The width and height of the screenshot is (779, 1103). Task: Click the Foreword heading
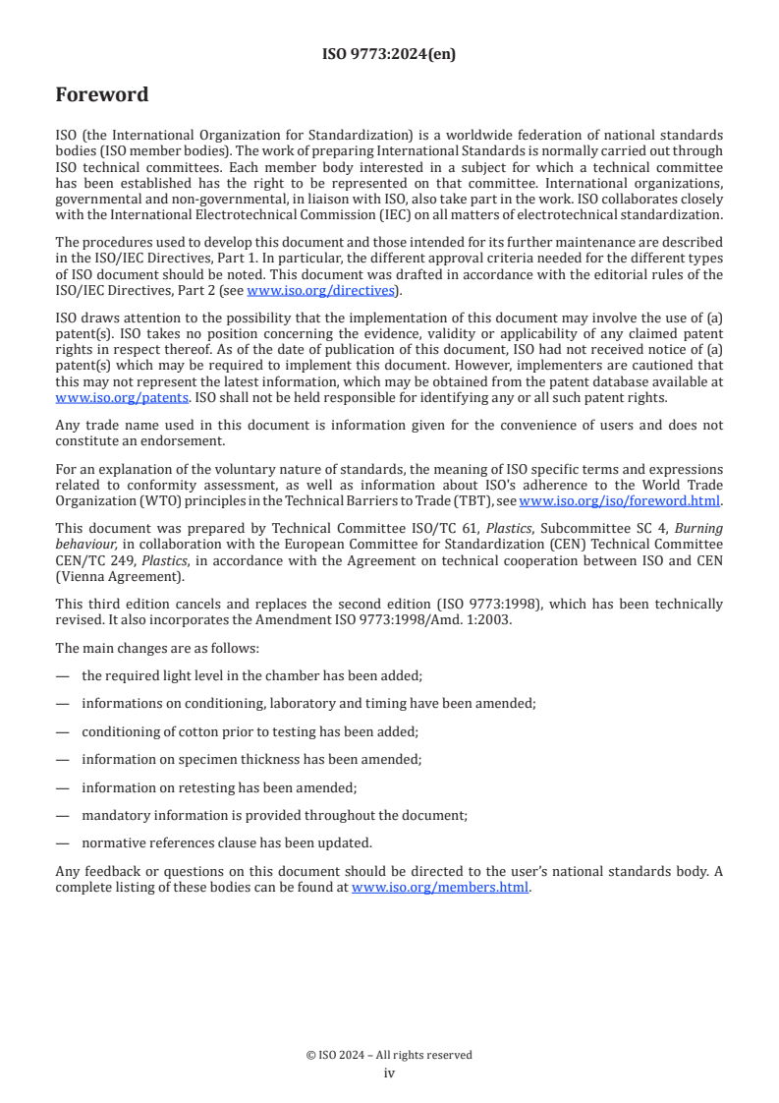pos(102,95)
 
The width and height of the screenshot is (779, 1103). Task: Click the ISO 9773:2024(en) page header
pos(389,55)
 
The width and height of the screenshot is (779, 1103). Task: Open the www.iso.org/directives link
pos(320,290)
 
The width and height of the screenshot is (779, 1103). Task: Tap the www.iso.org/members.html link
pos(440,887)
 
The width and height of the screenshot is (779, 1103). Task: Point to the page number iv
pos(389,1073)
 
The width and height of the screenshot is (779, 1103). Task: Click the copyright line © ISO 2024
pos(389,1055)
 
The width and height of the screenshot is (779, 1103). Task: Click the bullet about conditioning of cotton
pos(250,731)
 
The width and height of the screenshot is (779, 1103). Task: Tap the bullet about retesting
pos(219,787)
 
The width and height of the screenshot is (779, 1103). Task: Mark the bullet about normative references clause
pos(227,843)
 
